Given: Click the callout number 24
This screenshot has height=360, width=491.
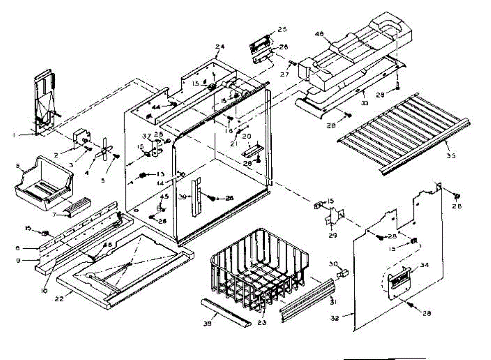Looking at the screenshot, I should (x=220, y=47).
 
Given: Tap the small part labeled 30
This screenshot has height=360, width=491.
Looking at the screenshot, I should (x=343, y=272).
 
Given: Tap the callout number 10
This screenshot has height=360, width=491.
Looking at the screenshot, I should (x=44, y=291).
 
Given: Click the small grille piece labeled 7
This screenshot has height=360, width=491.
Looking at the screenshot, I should (x=77, y=205).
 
